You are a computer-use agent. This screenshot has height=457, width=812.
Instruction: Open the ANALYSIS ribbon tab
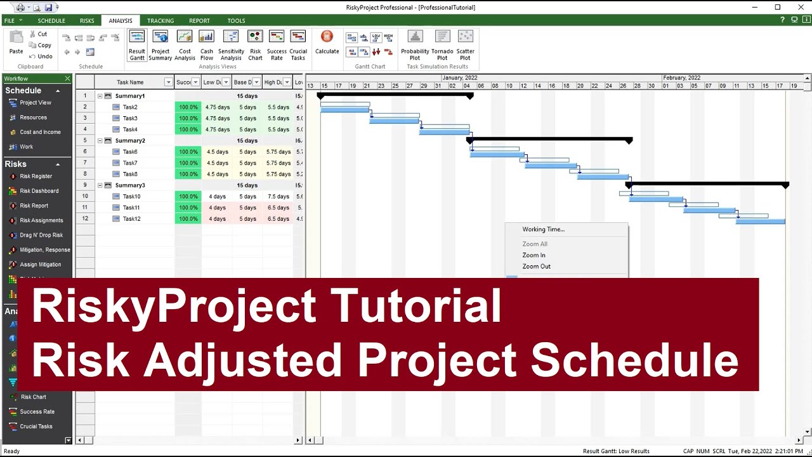121,21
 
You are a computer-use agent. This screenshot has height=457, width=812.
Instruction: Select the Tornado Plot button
442,44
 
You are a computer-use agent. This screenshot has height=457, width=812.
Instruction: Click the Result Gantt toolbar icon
137,44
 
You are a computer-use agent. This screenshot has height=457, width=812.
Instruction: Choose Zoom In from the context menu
534,255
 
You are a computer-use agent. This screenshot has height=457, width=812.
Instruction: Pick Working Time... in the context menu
543,230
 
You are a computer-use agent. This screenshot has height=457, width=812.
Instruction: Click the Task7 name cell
130,163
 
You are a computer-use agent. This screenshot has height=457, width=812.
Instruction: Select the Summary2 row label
130,141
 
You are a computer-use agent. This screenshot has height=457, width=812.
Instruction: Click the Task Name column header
130,82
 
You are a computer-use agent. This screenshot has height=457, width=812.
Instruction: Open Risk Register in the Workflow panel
36,176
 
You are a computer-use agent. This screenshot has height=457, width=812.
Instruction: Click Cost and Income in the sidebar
40,132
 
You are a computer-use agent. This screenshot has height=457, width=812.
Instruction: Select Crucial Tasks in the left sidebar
36,427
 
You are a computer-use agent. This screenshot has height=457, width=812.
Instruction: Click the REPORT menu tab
199,21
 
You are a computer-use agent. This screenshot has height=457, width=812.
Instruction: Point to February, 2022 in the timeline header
681,77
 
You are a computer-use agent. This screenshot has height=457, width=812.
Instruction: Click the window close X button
799,8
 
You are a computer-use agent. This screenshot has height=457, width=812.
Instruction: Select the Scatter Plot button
465,44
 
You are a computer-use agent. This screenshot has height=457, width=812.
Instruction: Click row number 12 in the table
85,219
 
